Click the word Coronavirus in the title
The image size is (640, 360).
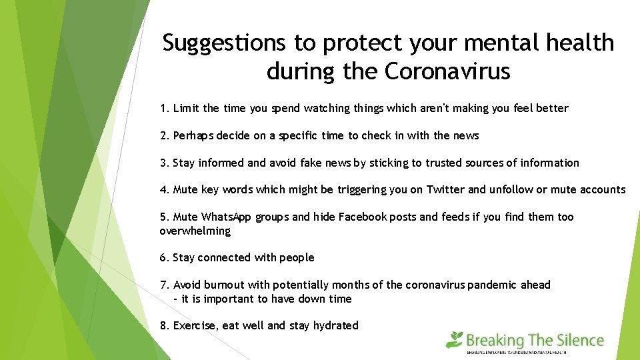pos(447,71)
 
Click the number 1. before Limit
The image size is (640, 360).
pos(165,108)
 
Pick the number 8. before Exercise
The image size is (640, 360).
pos(165,325)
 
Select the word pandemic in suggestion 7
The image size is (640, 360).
pos(494,285)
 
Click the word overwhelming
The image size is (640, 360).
pos(195,231)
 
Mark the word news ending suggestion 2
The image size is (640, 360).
pos(467,135)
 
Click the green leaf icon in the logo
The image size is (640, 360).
pos(455,339)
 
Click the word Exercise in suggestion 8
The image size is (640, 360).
pos(195,325)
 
